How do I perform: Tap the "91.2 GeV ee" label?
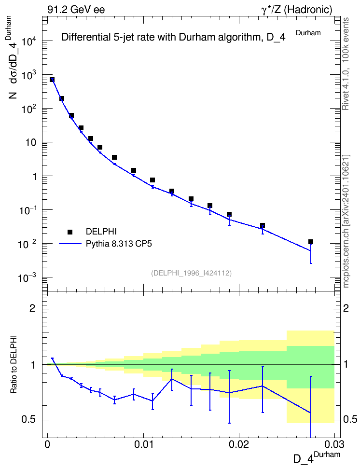click(76, 10)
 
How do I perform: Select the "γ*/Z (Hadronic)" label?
click(297, 10)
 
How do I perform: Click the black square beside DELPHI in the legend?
click(70, 232)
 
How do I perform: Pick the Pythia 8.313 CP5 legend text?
click(119, 244)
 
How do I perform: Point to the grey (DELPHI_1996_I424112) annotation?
click(192, 273)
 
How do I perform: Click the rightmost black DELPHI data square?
click(311, 242)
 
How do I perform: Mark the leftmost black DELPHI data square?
click(52, 80)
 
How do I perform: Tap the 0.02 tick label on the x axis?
click(239, 444)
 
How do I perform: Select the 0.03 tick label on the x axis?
click(334, 444)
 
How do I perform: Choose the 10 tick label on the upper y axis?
click(31, 142)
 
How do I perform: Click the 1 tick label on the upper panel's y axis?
click(35, 177)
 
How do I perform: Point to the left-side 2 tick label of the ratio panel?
click(32, 308)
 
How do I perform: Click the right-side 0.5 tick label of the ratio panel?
click(350, 420)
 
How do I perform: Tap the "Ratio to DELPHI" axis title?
click(14, 364)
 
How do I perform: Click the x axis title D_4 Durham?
click(317, 457)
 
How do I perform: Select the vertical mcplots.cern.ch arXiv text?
click(346, 221)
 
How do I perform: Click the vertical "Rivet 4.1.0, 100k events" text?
click(346, 64)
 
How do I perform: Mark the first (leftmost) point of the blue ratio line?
click(53, 359)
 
